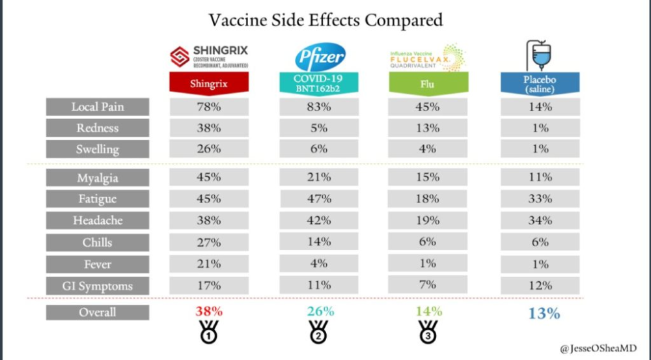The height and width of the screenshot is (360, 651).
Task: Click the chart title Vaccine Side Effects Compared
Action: coord(325,20)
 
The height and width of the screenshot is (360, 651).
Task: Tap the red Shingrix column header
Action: coord(210,83)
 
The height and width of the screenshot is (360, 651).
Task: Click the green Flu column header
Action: coord(427,83)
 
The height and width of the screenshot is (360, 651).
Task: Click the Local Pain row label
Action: coord(97,107)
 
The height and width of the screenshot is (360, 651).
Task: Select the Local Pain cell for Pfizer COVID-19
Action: coord(320,107)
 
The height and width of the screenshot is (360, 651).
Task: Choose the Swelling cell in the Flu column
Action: coord(428,149)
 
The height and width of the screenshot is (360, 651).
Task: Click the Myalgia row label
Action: coord(97,178)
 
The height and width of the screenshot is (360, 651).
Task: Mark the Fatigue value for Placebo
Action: coord(540,199)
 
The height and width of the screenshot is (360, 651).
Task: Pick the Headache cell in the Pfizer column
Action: coord(320,221)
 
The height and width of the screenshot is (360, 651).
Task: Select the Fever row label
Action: coord(97,264)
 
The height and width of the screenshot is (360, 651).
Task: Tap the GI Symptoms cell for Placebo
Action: coord(540,286)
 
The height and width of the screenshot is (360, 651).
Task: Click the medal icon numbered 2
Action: coord(319,333)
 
